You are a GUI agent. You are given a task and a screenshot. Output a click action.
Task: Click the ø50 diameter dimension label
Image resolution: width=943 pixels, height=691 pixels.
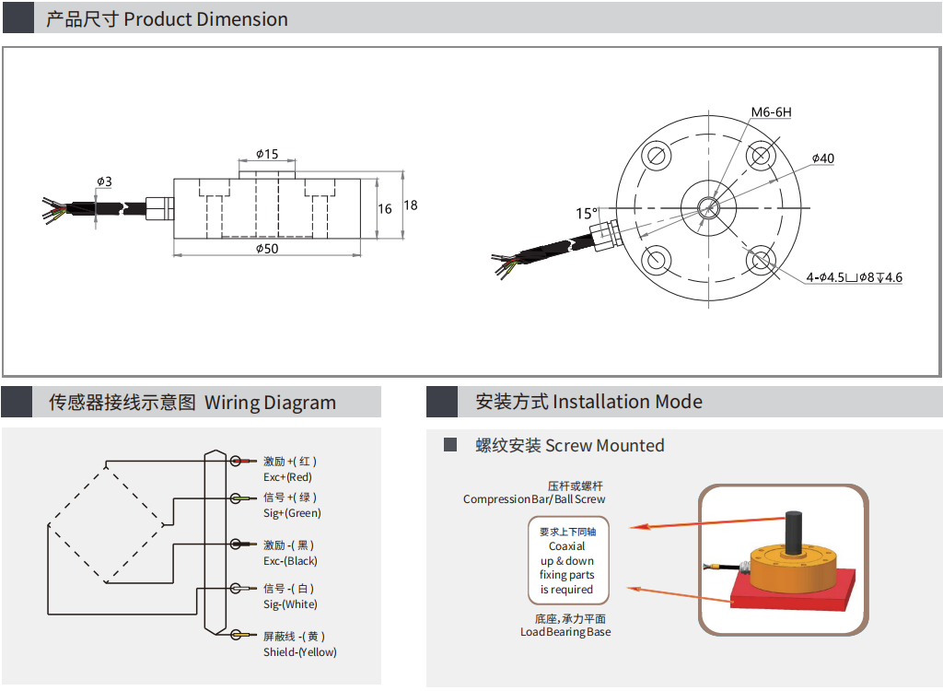(x=267, y=249)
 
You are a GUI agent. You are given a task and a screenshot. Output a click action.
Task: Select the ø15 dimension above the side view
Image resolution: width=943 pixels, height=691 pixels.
(x=267, y=154)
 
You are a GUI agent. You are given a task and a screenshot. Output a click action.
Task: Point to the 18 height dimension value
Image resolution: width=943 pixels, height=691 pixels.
(x=411, y=205)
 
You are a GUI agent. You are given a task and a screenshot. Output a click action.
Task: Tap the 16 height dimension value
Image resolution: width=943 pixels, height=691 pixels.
(x=385, y=209)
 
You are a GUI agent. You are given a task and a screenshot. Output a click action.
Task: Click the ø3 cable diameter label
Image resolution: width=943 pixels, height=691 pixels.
(x=104, y=182)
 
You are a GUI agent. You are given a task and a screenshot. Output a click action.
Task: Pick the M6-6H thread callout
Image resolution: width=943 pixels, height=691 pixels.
(x=771, y=112)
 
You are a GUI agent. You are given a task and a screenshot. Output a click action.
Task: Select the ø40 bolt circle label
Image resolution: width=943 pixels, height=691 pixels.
(x=823, y=158)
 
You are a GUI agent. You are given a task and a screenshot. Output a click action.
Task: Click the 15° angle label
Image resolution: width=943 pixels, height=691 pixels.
(x=587, y=213)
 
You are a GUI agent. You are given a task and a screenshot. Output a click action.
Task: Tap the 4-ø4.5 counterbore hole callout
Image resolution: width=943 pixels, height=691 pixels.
(x=854, y=277)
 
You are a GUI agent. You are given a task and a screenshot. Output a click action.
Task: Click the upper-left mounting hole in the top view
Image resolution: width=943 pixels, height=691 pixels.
(x=657, y=156)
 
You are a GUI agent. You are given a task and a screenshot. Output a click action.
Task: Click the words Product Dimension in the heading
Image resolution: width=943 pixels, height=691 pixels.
(x=205, y=19)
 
